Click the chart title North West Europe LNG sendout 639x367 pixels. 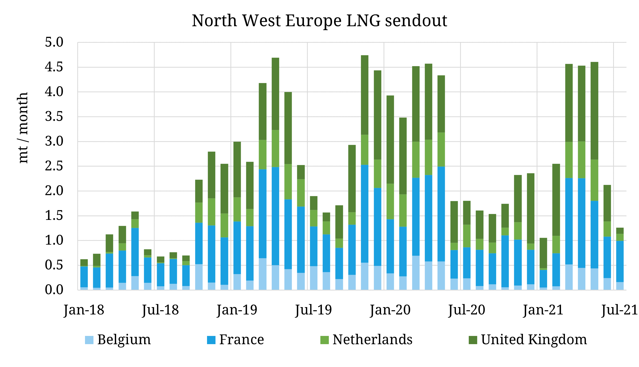319,21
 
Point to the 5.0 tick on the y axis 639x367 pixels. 54,42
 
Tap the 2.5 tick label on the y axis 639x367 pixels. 54,166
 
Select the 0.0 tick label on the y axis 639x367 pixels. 54,290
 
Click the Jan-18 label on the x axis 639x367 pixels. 84,310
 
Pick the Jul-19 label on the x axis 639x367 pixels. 313,310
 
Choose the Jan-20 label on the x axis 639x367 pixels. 390,310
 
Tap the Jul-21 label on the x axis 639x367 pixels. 619,310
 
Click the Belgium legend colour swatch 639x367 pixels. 89,340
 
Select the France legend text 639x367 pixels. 241,339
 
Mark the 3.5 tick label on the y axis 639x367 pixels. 54,117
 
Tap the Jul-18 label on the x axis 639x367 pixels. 160,310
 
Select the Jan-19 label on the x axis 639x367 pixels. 237,310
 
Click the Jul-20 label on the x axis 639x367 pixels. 467,310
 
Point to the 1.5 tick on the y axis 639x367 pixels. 54,216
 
